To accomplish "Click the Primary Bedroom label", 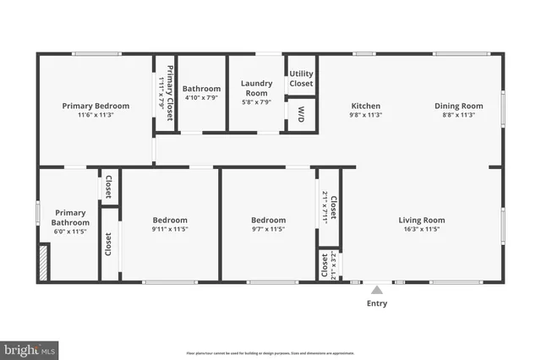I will pos(96,106).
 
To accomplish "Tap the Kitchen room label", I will pos(365,106).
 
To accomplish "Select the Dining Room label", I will pos(459,106).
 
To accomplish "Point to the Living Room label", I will pos(421,221).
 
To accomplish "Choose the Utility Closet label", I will pos(302,79).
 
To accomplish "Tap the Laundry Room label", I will pos(256,87).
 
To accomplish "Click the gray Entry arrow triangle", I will pos(377,290).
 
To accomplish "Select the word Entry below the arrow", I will pos(377,303).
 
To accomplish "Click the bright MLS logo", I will pos(30,347).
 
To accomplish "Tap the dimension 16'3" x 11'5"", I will pos(421,229).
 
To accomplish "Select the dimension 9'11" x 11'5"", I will pos(169,229).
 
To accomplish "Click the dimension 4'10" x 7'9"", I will pos(201,97).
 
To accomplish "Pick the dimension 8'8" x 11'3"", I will pos(459,115).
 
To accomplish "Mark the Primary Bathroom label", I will pos(70,217).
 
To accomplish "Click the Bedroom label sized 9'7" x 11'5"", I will pos(268,221).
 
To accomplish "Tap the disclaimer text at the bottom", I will pos(270,353).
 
